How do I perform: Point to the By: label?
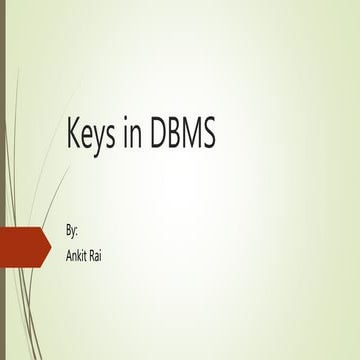coord(71,230)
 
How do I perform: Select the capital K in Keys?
coord(72,135)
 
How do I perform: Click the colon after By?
coord(78,232)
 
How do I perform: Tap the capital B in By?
coord(68,230)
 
